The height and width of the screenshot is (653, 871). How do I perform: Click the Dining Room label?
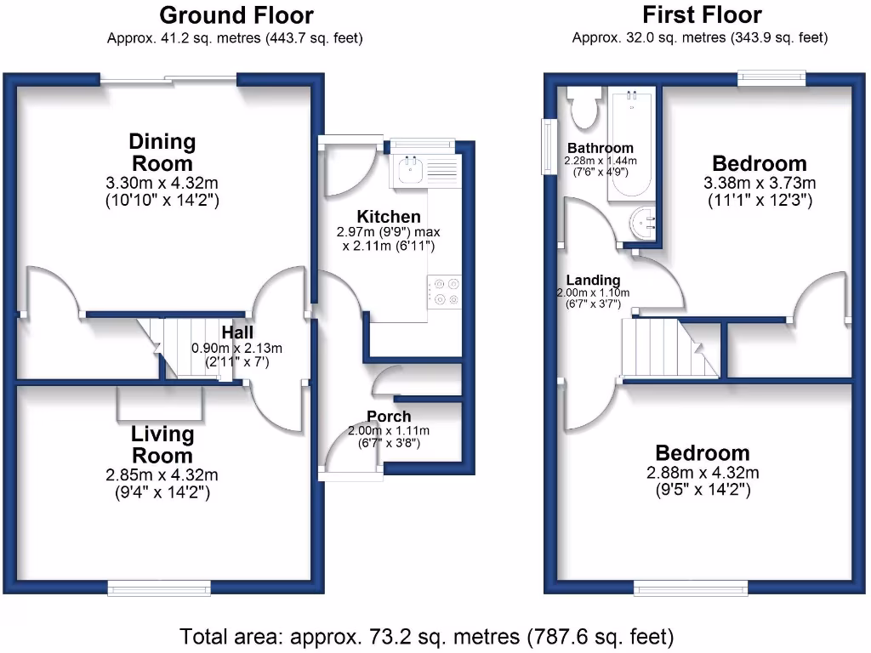[161, 152]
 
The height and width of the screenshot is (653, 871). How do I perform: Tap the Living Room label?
[162, 445]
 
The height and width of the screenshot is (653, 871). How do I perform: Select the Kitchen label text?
[388, 217]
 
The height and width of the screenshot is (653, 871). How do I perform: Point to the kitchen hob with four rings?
[444, 290]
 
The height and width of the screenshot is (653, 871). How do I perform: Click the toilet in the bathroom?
[584, 105]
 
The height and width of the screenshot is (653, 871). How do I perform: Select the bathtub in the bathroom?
[631, 145]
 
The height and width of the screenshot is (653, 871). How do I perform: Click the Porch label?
[389, 417]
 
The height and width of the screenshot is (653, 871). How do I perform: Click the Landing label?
[595, 280]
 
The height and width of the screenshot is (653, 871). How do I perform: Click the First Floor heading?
[702, 15]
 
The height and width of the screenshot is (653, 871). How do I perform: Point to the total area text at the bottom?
[426, 636]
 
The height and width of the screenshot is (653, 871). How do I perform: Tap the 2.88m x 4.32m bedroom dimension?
[702, 473]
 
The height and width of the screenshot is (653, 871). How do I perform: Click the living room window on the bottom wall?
[158, 587]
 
